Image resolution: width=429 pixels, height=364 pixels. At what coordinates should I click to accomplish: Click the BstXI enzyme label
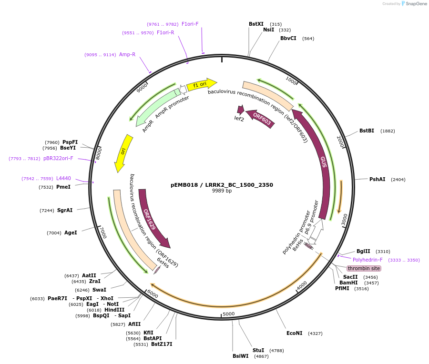pos(256,24)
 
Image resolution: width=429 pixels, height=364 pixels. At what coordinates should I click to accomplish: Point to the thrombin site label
pos(364,268)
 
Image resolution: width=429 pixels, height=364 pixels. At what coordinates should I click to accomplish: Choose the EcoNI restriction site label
pos(294,333)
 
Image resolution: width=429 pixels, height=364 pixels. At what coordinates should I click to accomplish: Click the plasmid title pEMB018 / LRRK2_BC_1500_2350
pos(222,185)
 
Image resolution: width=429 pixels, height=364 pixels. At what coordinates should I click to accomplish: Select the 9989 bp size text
pos(222,191)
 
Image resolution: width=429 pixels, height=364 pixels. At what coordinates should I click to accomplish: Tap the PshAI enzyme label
pos(377,179)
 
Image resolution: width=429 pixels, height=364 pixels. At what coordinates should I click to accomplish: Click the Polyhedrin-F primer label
pos(368,260)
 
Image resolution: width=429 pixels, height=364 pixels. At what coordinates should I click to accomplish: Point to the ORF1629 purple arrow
pos(152,217)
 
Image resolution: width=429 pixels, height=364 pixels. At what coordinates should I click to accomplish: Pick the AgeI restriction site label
pos(71,233)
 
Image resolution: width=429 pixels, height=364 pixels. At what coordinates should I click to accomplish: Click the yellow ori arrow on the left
pos(123,152)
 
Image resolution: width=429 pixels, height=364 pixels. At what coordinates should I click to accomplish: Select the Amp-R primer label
pos(127,54)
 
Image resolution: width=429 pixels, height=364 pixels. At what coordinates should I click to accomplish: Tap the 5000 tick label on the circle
pos(229,313)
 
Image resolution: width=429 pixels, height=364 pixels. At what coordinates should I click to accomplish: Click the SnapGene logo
pos(413,4)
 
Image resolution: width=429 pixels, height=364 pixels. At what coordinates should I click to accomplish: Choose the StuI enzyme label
pos(258,350)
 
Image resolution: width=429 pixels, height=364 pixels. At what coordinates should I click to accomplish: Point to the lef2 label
pos(239,119)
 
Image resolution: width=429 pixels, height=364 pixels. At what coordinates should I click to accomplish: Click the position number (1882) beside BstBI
pos(388,131)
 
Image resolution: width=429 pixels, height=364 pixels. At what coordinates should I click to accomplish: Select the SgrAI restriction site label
pos(65,210)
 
